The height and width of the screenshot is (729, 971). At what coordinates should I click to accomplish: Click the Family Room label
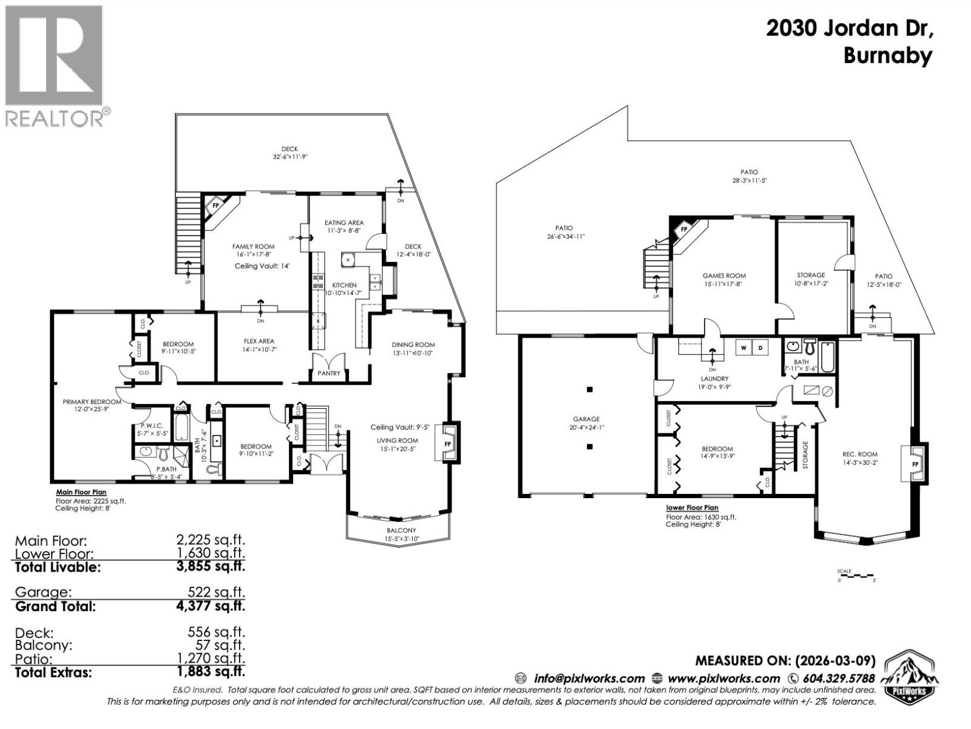(x=253, y=247)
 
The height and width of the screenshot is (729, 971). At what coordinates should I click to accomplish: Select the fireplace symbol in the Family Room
(x=217, y=207)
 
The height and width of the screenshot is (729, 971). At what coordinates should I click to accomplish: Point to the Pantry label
(x=329, y=373)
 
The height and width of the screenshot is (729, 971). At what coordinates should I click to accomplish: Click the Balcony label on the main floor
(x=401, y=530)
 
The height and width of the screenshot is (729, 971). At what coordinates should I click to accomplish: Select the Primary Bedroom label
(x=92, y=402)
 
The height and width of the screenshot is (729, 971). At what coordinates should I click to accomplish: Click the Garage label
(x=586, y=419)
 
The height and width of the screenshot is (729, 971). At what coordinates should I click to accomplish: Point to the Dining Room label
(x=413, y=344)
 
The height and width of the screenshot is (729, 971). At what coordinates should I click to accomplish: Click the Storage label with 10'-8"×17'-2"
(x=811, y=275)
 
